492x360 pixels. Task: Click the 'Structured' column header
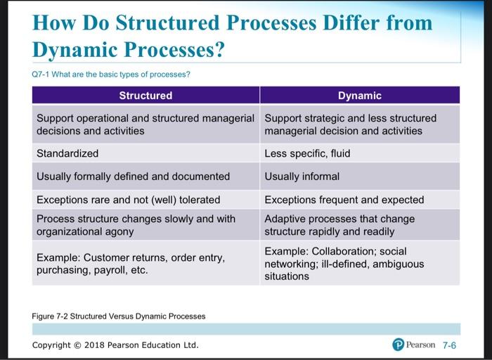pos(145,96)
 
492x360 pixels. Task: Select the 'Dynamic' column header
pos(359,96)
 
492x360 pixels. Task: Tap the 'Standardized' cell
pos(67,153)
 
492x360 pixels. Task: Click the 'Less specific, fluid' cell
pos(307,153)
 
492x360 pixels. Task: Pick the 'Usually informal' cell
pos(302,176)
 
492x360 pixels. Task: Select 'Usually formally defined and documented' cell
pos(133,176)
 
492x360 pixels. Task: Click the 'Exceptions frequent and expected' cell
pos(344,200)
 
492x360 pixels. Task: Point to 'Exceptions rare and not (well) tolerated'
pos(128,200)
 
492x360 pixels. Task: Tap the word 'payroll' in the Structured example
pos(107,271)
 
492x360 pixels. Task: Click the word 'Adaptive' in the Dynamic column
pos(285,219)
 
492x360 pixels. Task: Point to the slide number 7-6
pos(448,345)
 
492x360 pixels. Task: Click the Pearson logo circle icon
pos(399,345)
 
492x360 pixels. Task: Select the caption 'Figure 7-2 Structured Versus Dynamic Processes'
pos(119,316)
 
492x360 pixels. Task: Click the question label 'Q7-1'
pos(43,75)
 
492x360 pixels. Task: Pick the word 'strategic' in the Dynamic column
pos(324,118)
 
